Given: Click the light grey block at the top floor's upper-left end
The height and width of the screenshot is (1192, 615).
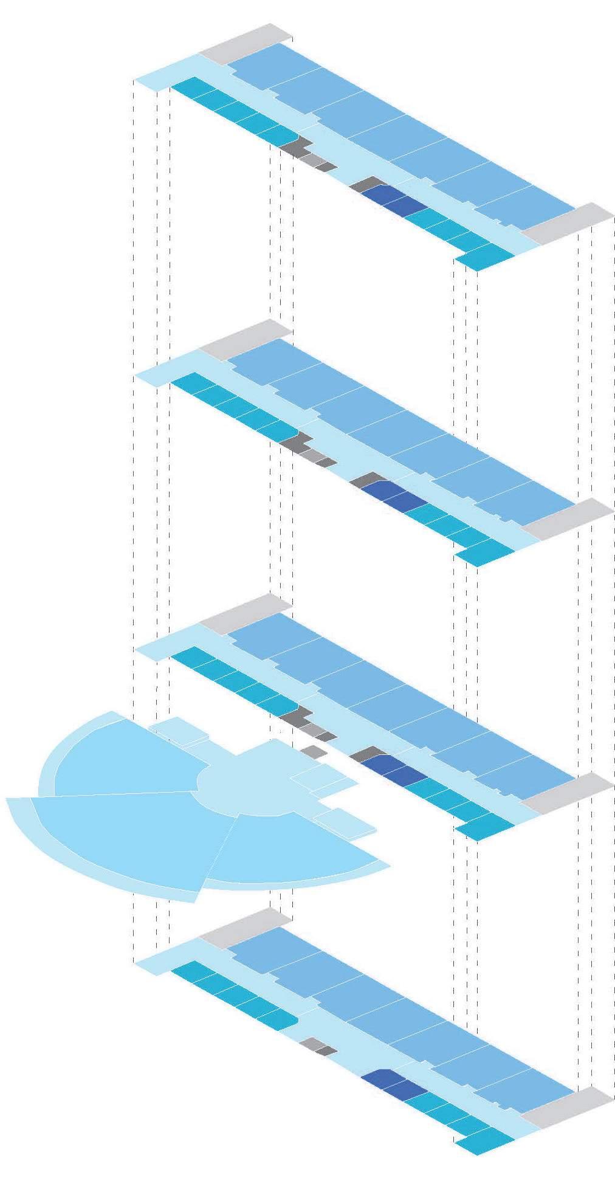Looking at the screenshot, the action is coord(246,44).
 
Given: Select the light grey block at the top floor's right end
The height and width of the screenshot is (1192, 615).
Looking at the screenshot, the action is coord(568,223).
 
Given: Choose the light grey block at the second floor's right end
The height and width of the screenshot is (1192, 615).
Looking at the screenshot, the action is coord(568,518).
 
